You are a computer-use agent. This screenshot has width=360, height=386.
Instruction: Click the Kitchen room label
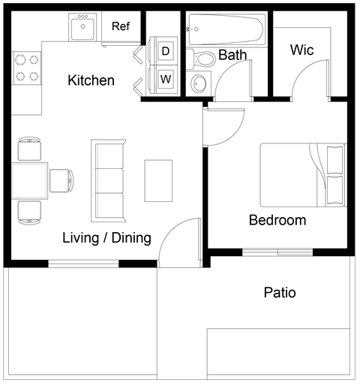click(x=91, y=80)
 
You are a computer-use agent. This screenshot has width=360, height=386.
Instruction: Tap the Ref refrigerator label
click(x=121, y=26)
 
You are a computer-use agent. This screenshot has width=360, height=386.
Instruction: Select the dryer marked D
click(x=165, y=51)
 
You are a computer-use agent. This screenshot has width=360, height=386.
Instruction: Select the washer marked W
click(x=165, y=77)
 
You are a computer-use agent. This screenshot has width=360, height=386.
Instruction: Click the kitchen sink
click(x=82, y=29)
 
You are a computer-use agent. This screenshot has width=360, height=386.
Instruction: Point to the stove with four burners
click(x=27, y=67)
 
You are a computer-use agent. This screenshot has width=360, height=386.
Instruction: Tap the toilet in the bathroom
click(x=202, y=58)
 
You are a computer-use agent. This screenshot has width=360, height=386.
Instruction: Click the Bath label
click(x=232, y=55)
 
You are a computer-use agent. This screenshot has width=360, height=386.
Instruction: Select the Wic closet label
click(x=301, y=50)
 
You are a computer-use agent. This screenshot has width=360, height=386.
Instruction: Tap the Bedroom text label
click(x=277, y=220)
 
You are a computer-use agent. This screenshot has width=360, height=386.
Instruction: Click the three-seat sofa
click(x=107, y=180)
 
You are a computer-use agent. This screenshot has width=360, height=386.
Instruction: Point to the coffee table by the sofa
click(x=158, y=180)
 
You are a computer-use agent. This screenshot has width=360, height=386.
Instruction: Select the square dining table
click(x=30, y=181)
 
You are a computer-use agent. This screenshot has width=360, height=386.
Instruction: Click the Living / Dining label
click(x=106, y=238)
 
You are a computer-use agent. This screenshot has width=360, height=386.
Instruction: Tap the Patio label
click(x=279, y=292)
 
